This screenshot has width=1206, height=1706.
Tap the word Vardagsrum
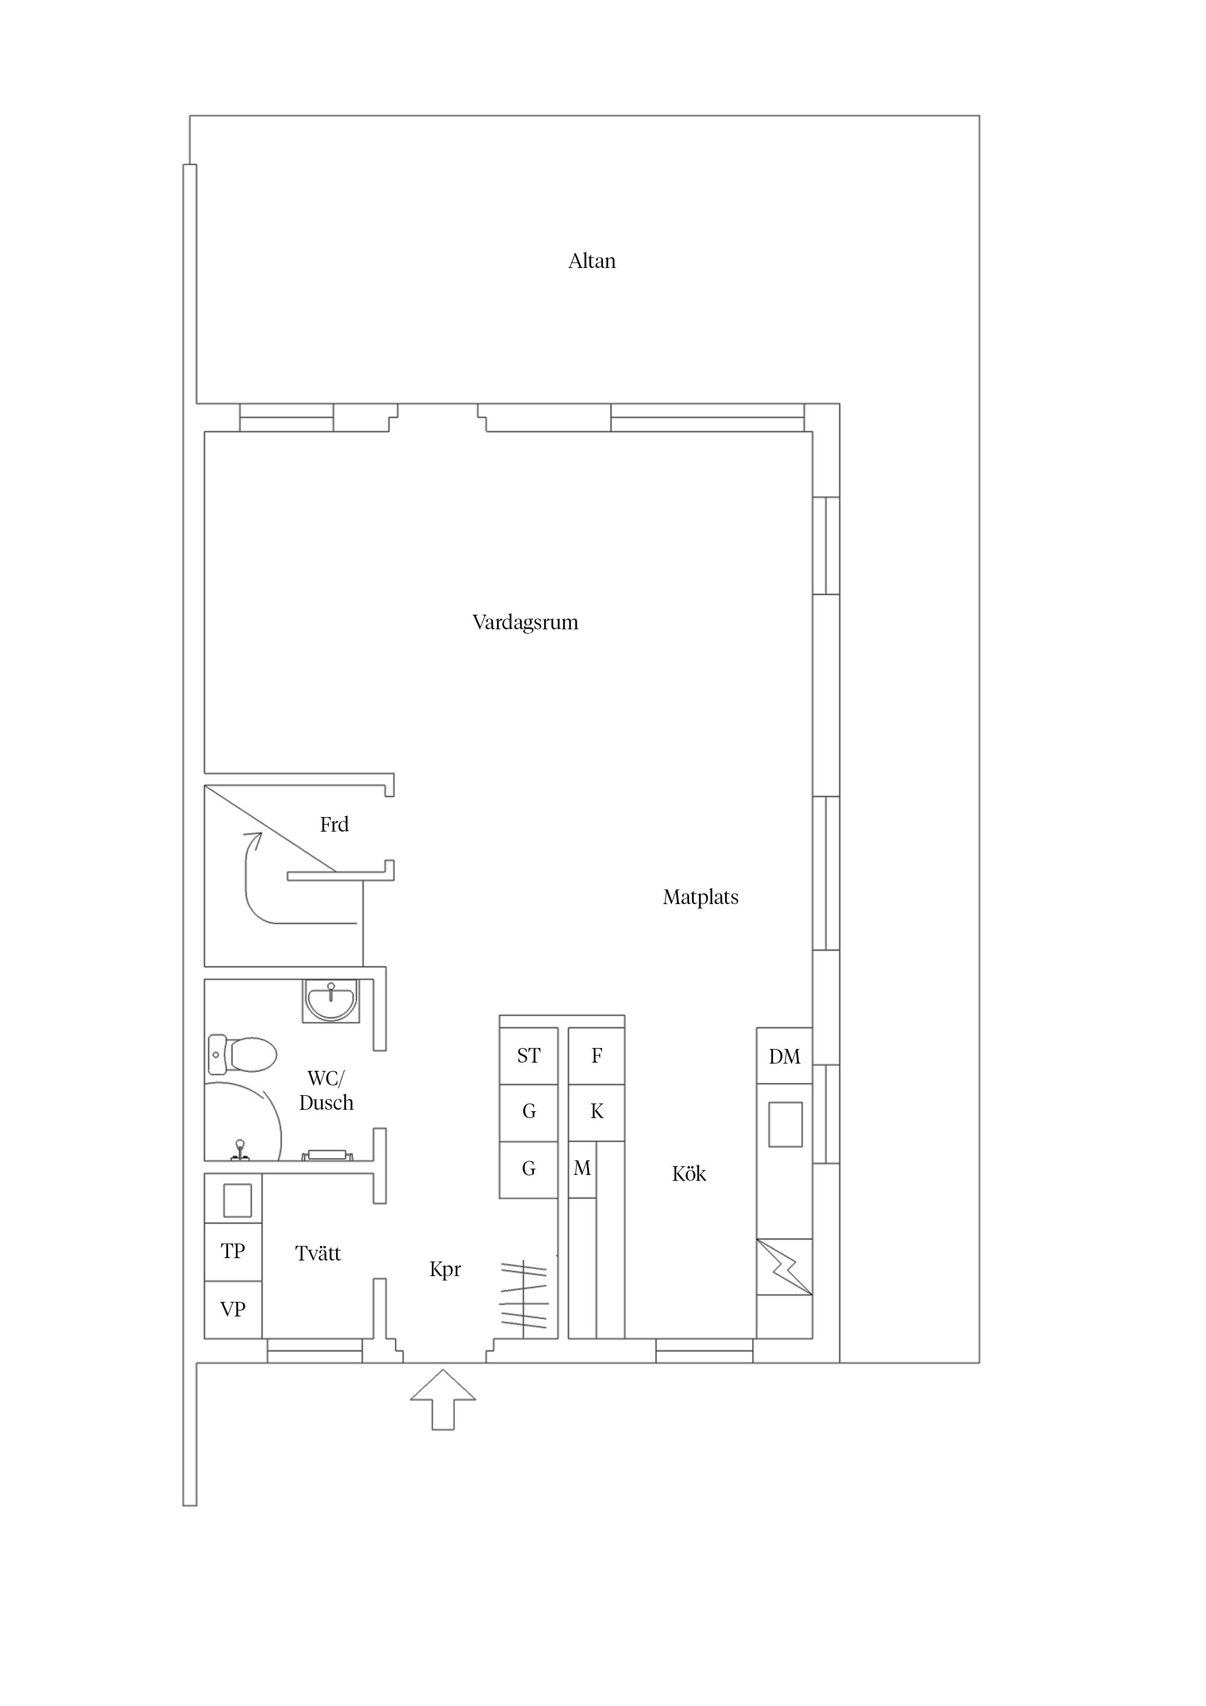pyautogui.click(x=525, y=622)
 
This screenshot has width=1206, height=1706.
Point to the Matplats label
pyautogui.click(x=701, y=898)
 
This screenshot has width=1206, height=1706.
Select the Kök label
pyautogui.click(x=689, y=1174)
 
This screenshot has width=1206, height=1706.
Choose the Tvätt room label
pyautogui.click(x=318, y=1254)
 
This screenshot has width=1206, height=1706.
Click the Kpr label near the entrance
pyautogui.click(x=445, y=1270)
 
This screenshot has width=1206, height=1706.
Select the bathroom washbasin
pyautogui.click(x=331, y=1000)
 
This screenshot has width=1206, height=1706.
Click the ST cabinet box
pyautogui.click(x=528, y=1056)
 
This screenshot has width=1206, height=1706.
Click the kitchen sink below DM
pyautogui.click(x=785, y=1125)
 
